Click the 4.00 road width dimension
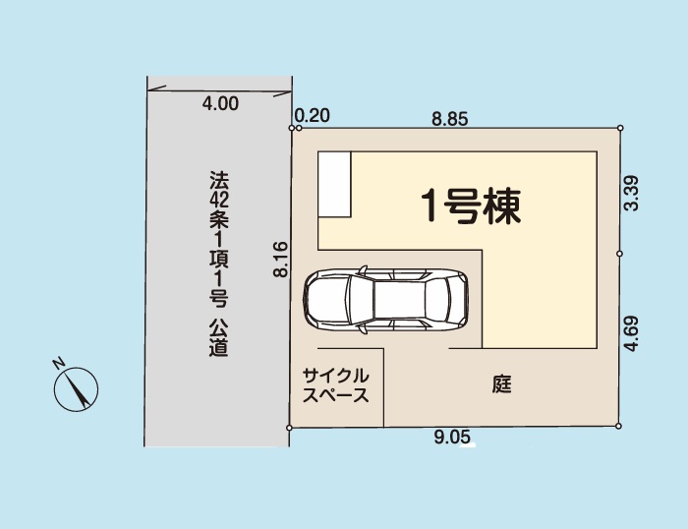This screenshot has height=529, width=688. [x=220, y=103]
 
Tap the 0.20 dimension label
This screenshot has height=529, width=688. [x=312, y=116]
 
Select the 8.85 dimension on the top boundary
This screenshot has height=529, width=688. [x=450, y=119]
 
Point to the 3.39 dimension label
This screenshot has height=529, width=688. [x=631, y=193]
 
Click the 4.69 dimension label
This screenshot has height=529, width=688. [x=631, y=333]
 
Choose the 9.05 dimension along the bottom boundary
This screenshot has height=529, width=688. [x=452, y=438]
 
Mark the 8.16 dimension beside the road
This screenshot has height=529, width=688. [x=281, y=259]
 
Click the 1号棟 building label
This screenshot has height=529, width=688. [x=471, y=206]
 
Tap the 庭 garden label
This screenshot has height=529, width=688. [x=501, y=384]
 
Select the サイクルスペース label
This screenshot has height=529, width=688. [x=336, y=385]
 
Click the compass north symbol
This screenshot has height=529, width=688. [x=76, y=389]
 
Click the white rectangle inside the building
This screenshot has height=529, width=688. [x=334, y=184]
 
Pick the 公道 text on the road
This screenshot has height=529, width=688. [x=218, y=337]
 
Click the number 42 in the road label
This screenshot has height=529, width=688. [x=218, y=201]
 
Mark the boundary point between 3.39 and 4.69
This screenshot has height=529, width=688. [x=619, y=254]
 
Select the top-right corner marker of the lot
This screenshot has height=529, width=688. [x=620, y=128]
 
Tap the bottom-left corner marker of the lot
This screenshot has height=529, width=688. [x=289, y=428]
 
